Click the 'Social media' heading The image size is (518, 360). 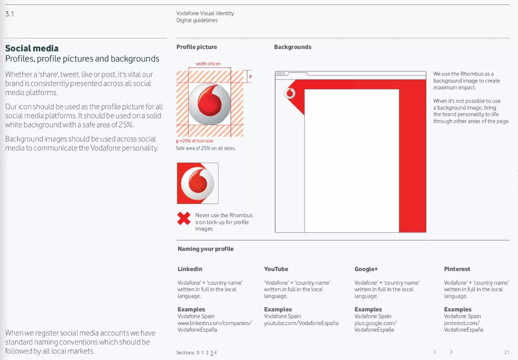32,48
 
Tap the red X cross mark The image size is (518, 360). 184,218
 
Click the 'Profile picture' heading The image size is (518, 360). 197,47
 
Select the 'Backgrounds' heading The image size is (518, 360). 293,47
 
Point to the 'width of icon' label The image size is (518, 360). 208,64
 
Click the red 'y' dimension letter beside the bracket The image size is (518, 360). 250,76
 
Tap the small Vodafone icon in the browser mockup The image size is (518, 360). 290,93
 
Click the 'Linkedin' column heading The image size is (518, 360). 190,269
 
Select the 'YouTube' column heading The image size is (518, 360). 276,269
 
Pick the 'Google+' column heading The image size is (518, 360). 366,269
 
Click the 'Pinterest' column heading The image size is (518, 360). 457,269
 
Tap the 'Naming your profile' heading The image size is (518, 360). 206,249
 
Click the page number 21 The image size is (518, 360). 507,352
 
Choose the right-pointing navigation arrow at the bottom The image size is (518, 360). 451,352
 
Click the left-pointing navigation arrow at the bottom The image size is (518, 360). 435,352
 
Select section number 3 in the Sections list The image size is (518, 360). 211,353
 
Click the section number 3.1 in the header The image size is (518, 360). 9,14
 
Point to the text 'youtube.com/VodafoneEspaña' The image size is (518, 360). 301,323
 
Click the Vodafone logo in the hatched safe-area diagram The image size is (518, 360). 210,104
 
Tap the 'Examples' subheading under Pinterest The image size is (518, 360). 458,309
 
